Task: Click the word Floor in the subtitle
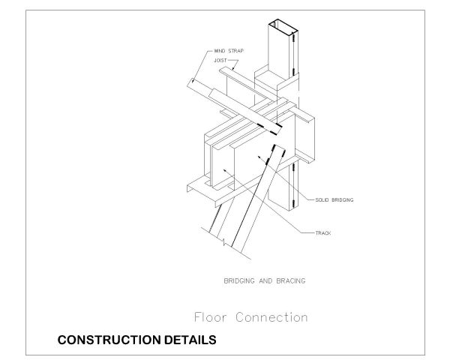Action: tap(211, 317)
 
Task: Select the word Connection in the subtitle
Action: tap(271, 317)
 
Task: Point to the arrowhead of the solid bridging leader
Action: tap(259, 157)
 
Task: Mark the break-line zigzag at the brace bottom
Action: tap(223, 241)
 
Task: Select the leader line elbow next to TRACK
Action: tap(307, 233)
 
